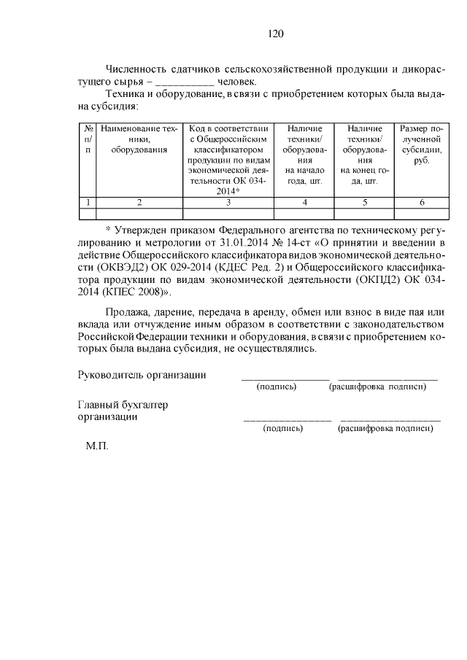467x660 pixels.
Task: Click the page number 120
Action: (275, 34)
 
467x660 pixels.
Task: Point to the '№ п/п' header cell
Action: (88, 139)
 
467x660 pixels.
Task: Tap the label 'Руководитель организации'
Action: (142, 375)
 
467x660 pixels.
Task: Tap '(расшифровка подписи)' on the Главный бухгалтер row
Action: (385, 429)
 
